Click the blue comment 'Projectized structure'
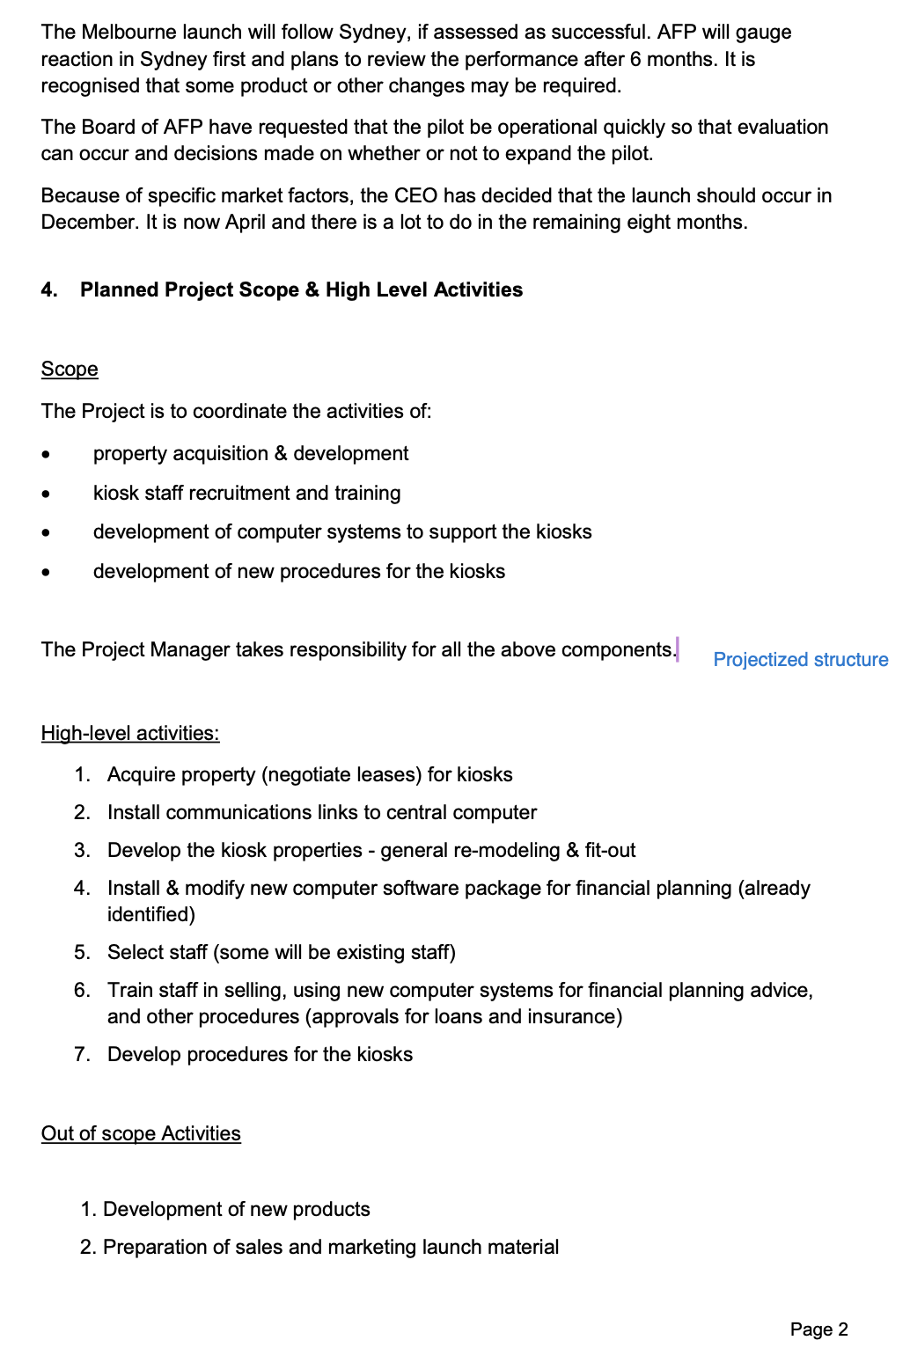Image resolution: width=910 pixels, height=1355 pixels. tap(800, 660)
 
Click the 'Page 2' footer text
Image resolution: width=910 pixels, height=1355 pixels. tap(818, 1329)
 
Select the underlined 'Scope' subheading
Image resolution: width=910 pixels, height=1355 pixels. tap(70, 370)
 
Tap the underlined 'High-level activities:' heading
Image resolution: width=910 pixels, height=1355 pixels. tap(130, 734)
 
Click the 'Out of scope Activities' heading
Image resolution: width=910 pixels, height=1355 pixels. tap(141, 1134)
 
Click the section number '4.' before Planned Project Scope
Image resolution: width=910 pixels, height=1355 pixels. tap(49, 290)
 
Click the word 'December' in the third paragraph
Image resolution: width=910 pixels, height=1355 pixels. tap(89, 223)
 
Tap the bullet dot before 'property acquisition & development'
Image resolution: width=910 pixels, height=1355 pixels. tap(47, 455)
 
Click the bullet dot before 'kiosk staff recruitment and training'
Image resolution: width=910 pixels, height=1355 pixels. tap(47, 494)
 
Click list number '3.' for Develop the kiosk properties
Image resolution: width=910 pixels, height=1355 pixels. tap(82, 851)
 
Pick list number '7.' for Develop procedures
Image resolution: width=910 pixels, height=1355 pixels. tap(82, 1055)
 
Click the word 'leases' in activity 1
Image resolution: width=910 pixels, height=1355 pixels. tap(390, 775)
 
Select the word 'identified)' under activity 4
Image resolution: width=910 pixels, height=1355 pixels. tap(150, 915)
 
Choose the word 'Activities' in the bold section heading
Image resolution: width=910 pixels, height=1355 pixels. tap(477, 290)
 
